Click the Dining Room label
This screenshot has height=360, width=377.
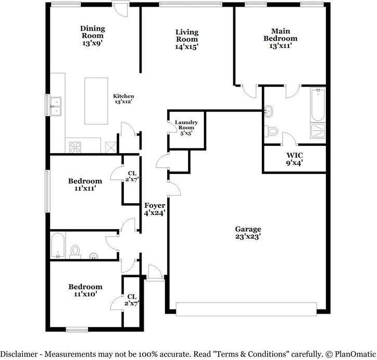(92, 32)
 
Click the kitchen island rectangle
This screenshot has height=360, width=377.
(96, 101)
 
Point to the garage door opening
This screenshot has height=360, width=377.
(246, 309)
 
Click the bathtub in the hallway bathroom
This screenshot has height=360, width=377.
(57, 245)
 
